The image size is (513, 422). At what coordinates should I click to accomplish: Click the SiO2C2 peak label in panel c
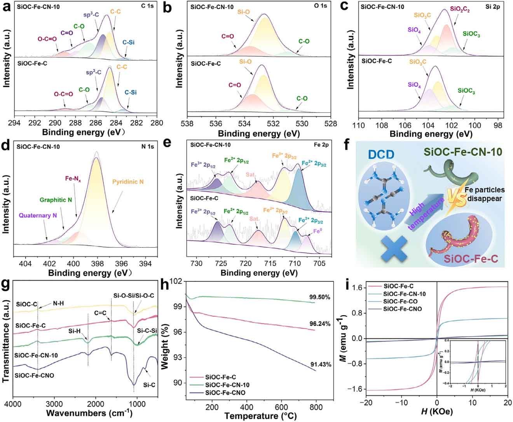point(460,10)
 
